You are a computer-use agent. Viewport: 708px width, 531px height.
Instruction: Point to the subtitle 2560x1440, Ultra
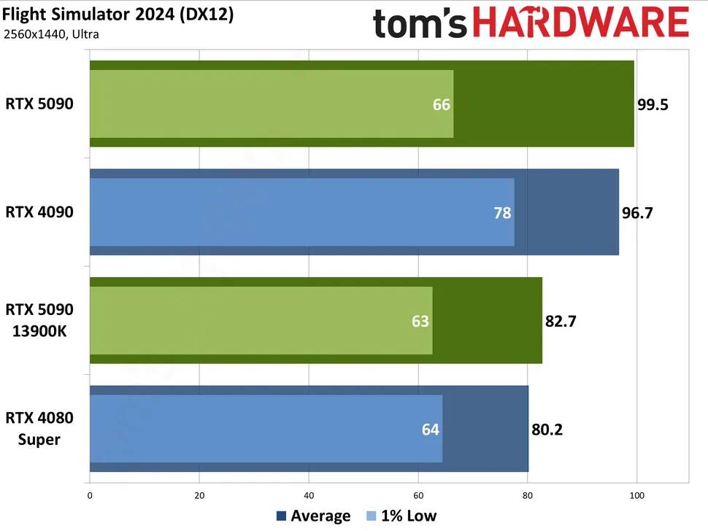pos(51,34)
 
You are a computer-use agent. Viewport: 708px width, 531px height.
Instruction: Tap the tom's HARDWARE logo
pos(531,23)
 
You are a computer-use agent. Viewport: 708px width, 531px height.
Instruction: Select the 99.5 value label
pos(653,104)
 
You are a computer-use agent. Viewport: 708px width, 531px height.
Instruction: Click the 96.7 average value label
pos(637,212)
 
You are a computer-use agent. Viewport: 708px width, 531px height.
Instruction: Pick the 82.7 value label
pos(561,320)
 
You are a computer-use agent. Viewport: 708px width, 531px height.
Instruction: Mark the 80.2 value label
pos(547,429)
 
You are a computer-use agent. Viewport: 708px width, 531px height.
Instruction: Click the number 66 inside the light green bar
pos(441,104)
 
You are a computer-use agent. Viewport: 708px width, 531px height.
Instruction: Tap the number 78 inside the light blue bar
pos(502,212)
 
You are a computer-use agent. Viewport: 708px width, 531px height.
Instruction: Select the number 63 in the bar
pos(420,320)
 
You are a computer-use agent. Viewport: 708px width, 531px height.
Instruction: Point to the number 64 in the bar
pos(431,429)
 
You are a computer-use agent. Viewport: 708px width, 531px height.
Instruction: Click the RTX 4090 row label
pos(39,212)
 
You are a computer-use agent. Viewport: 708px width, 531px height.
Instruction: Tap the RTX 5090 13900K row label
pos(39,320)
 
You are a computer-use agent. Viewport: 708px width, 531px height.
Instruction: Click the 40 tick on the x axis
pos(309,496)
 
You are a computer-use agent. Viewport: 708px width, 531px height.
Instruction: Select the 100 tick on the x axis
pos(636,496)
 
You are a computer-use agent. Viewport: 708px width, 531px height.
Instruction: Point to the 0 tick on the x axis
pos(90,496)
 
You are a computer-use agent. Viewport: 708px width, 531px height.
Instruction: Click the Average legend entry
pos(314,516)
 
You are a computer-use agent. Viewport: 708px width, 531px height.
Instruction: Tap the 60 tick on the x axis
pos(418,496)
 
